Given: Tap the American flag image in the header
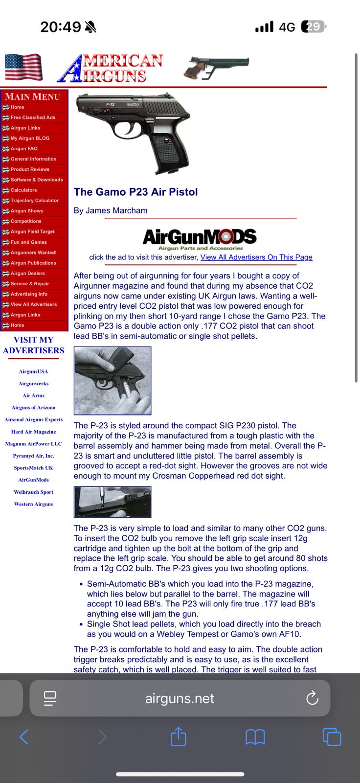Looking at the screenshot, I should point(23,67).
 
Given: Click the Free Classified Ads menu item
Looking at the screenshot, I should point(33,117).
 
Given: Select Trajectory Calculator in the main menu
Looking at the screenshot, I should point(34,201).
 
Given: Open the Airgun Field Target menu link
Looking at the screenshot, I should point(32,232).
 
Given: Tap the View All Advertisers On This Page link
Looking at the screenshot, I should point(256,257).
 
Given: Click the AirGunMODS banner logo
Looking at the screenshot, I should point(200,238).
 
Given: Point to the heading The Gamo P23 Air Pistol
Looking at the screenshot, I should point(135,192).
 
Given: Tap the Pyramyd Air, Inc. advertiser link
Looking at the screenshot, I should point(33,456).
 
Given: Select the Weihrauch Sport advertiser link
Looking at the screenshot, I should point(33,492).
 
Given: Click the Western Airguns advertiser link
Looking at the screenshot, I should point(33,504).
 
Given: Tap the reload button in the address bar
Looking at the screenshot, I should point(312,698).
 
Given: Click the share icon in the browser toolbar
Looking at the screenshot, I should point(178,737).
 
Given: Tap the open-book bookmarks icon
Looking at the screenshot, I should point(255,737).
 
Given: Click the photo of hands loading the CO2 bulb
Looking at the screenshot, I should point(112,381).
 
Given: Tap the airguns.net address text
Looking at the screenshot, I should point(180,698).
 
